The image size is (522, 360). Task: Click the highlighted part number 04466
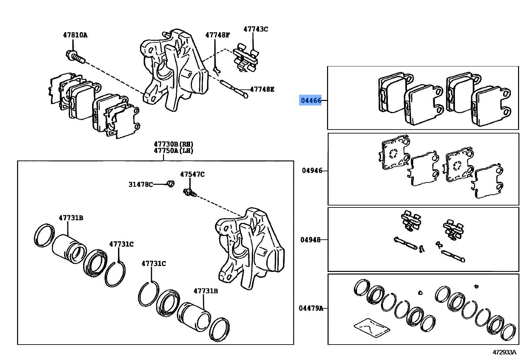(311, 100)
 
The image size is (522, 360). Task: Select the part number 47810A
(75, 35)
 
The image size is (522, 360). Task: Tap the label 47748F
(218, 35)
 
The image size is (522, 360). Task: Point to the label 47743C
(255, 29)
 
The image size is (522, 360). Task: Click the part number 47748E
(262, 89)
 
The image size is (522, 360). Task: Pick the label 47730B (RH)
(173, 144)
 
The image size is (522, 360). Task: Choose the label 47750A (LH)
(173, 151)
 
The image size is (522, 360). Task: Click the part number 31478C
(141, 184)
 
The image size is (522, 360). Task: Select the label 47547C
(192, 174)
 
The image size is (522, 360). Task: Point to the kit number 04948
(310, 240)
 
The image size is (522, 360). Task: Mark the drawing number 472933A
(504, 352)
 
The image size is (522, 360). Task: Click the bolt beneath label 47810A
(75, 57)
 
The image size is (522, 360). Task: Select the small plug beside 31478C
(170, 184)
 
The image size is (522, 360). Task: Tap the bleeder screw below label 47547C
(190, 193)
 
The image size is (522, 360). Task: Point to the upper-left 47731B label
(71, 218)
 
